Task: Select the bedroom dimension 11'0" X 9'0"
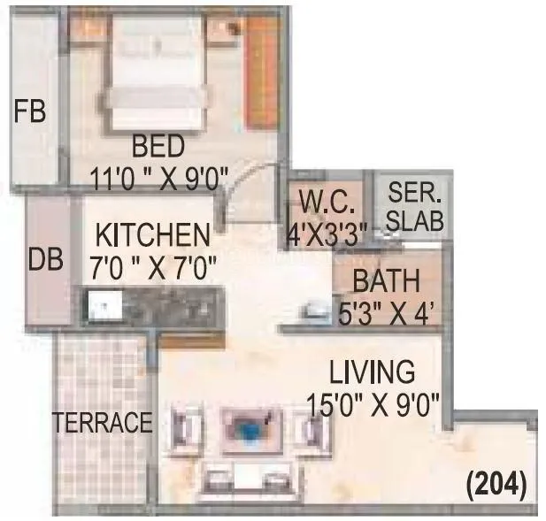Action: point(159,176)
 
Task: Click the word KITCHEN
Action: point(152,236)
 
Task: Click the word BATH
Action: point(385,282)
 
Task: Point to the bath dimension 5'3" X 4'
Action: point(385,313)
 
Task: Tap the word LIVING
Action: point(372,372)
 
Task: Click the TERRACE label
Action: point(103,423)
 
